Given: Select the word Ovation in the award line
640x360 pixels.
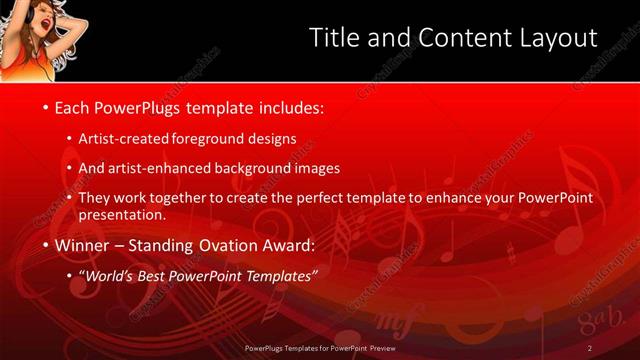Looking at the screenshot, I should coord(217,244).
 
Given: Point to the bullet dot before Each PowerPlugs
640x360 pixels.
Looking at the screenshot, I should coord(45,106).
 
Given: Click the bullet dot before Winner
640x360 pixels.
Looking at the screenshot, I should coord(45,244).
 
